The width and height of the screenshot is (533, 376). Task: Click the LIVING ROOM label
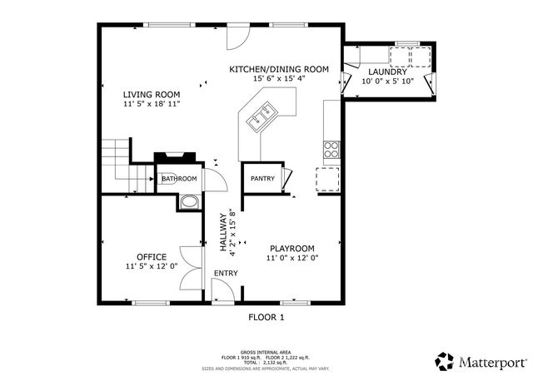click(151, 95)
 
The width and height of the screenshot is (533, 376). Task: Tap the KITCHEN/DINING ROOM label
click(279, 69)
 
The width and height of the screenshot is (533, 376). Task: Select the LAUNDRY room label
click(387, 72)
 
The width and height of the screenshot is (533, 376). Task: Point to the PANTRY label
click(263, 178)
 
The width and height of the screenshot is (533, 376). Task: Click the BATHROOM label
click(179, 179)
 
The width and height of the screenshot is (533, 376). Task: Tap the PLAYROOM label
click(291, 248)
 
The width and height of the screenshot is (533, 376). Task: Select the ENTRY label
click(226, 274)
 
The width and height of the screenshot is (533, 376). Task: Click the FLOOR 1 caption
click(266, 317)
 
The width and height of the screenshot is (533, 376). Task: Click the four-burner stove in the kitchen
click(331, 151)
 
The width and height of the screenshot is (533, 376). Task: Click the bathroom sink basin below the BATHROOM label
click(188, 202)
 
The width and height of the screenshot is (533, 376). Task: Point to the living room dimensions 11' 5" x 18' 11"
click(151, 105)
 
